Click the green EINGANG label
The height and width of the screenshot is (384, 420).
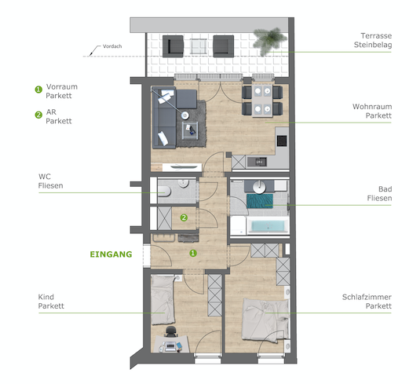pyautogui.click(x=111, y=254)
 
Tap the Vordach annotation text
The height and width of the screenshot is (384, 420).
pyautogui.click(x=112, y=46)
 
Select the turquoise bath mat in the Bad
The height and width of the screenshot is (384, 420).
pyautogui.click(x=260, y=201)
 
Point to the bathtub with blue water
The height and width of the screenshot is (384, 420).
pyautogui.click(x=268, y=225)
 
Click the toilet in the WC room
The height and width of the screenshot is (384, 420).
pyautogui.click(x=164, y=192)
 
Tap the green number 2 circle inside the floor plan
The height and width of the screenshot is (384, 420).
pyautogui.click(x=184, y=218)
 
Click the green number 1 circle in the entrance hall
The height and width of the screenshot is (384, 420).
pyautogui.click(x=193, y=253)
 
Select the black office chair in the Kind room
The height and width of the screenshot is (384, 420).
pyautogui.click(x=171, y=331)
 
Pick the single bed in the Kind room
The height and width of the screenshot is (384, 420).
pyautogui.click(x=163, y=300)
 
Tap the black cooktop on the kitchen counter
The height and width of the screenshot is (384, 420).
pyautogui.click(x=282, y=141)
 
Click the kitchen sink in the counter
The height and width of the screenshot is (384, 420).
pyautogui.click(x=257, y=162)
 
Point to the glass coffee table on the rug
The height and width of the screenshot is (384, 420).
pyautogui.click(x=190, y=130)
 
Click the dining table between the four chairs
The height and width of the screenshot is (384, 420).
pyautogui.click(x=262, y=101)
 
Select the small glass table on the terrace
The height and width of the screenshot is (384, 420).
pyautogui.click(x=199, y=46)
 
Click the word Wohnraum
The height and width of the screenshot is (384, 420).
pyautogui.click(x=372, y=107)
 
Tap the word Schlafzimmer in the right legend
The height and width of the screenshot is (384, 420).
pyautogui.click(x=367, y=297)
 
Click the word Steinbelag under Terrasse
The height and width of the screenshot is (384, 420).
pyautogui.click(x=373, y=45)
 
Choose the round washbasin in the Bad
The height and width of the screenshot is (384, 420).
pyautogui.click(x=259, y=187)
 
